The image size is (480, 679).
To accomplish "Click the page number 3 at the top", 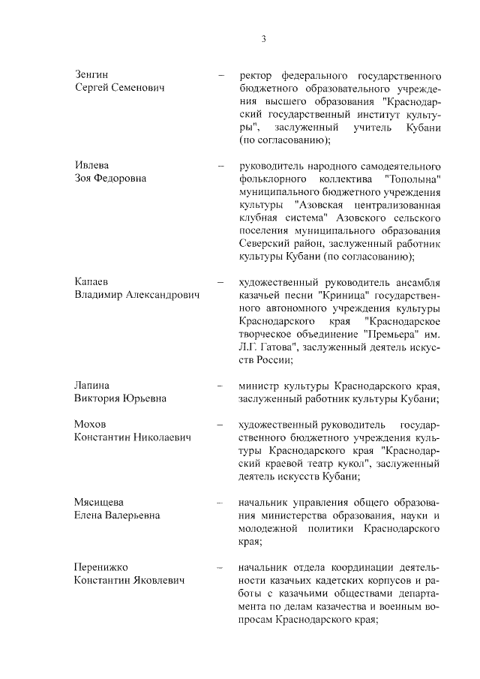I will click(x=263, y=39).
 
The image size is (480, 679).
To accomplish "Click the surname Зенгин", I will click(x=91, y=75).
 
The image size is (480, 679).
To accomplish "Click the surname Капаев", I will click(x=92, y=281).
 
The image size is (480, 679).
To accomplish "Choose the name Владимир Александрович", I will click(x=137, y=295).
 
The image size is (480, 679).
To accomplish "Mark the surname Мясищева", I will click(x=98, y=501).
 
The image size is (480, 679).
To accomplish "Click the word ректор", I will click(x=255, y=75).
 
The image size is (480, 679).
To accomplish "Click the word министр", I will click(x=260, y=385).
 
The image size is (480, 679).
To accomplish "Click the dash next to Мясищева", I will click(x=220, y=501).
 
